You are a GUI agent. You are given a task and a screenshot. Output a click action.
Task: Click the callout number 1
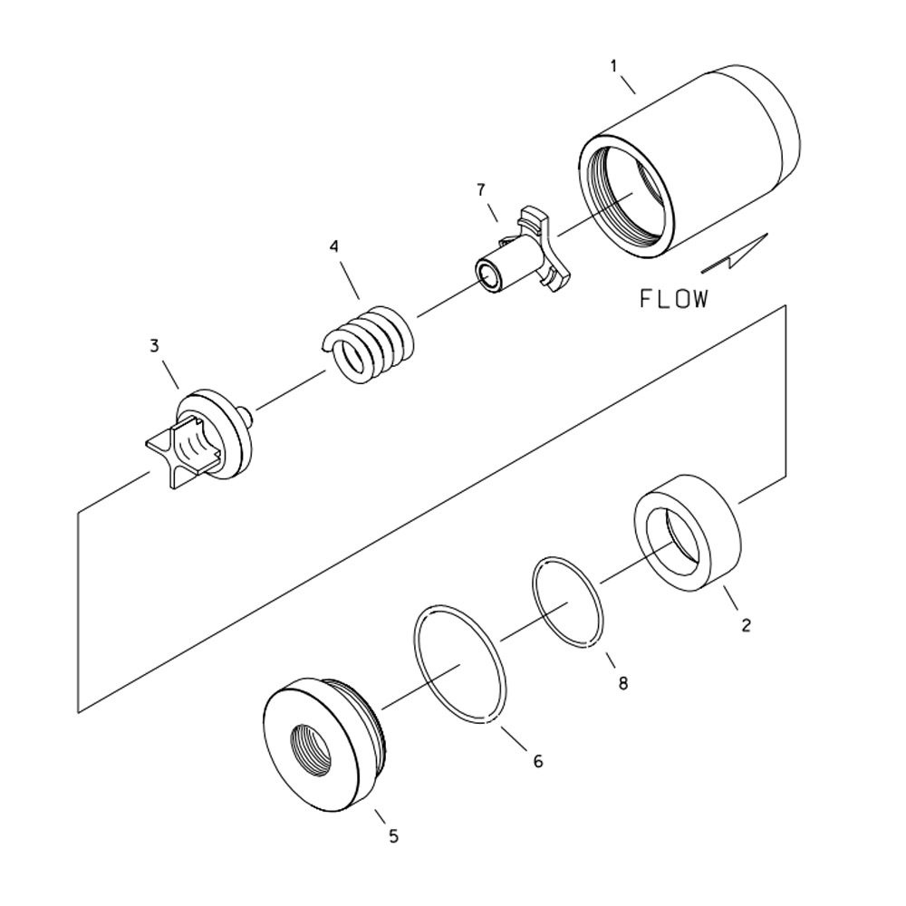pyautogui.click(x=613, y=66)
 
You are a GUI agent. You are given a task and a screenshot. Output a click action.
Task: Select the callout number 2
pyautogui.click(x=746, y=625)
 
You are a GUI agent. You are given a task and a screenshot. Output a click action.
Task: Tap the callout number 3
pyautogui.click(x=154, y=345)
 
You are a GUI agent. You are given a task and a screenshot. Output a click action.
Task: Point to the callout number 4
pyautogui.click(x=334, y=246)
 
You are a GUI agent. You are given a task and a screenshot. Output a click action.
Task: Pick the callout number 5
pyautogui.click(x=393, y=836)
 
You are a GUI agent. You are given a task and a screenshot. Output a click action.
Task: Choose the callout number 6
pyautogui.click(x=537, y=762)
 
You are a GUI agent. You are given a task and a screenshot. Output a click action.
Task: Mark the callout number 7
pyautogui.click(x=481, y=189)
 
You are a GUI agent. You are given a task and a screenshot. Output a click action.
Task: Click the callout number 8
pyautogui.click(x=622, y=683)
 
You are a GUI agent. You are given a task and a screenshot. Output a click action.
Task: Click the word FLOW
pyautogui.click(x=674, y=299)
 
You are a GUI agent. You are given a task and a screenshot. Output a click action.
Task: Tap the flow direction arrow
pyautogui.click(x=736, y=255)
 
